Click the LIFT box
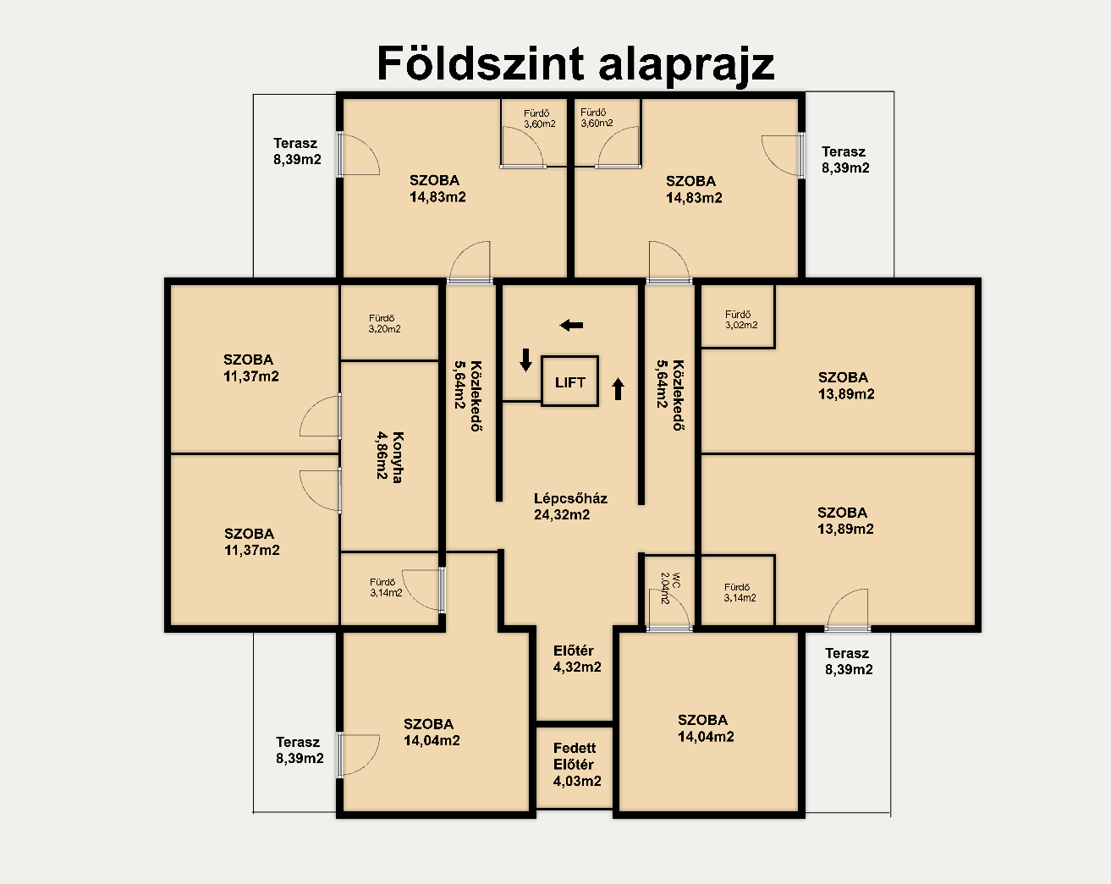coord(570,382)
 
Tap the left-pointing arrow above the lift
coord(571,325)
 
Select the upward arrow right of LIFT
coord(618,389)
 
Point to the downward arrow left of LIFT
coord(525,360)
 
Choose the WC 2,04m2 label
coord(670,588)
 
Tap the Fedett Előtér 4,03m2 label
coord(577,764)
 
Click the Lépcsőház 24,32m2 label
coord(570,506)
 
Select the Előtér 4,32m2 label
coord(577,658)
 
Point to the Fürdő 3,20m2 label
coord(384,323)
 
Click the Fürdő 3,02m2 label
coord(741,320)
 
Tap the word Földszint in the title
coord(480,64)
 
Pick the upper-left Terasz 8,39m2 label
coord(297,151)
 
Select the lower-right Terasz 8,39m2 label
coord(848,661)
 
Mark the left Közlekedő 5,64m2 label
coord(468,395)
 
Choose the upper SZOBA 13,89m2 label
coord(845,386)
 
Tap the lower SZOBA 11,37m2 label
coord(251,542)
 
